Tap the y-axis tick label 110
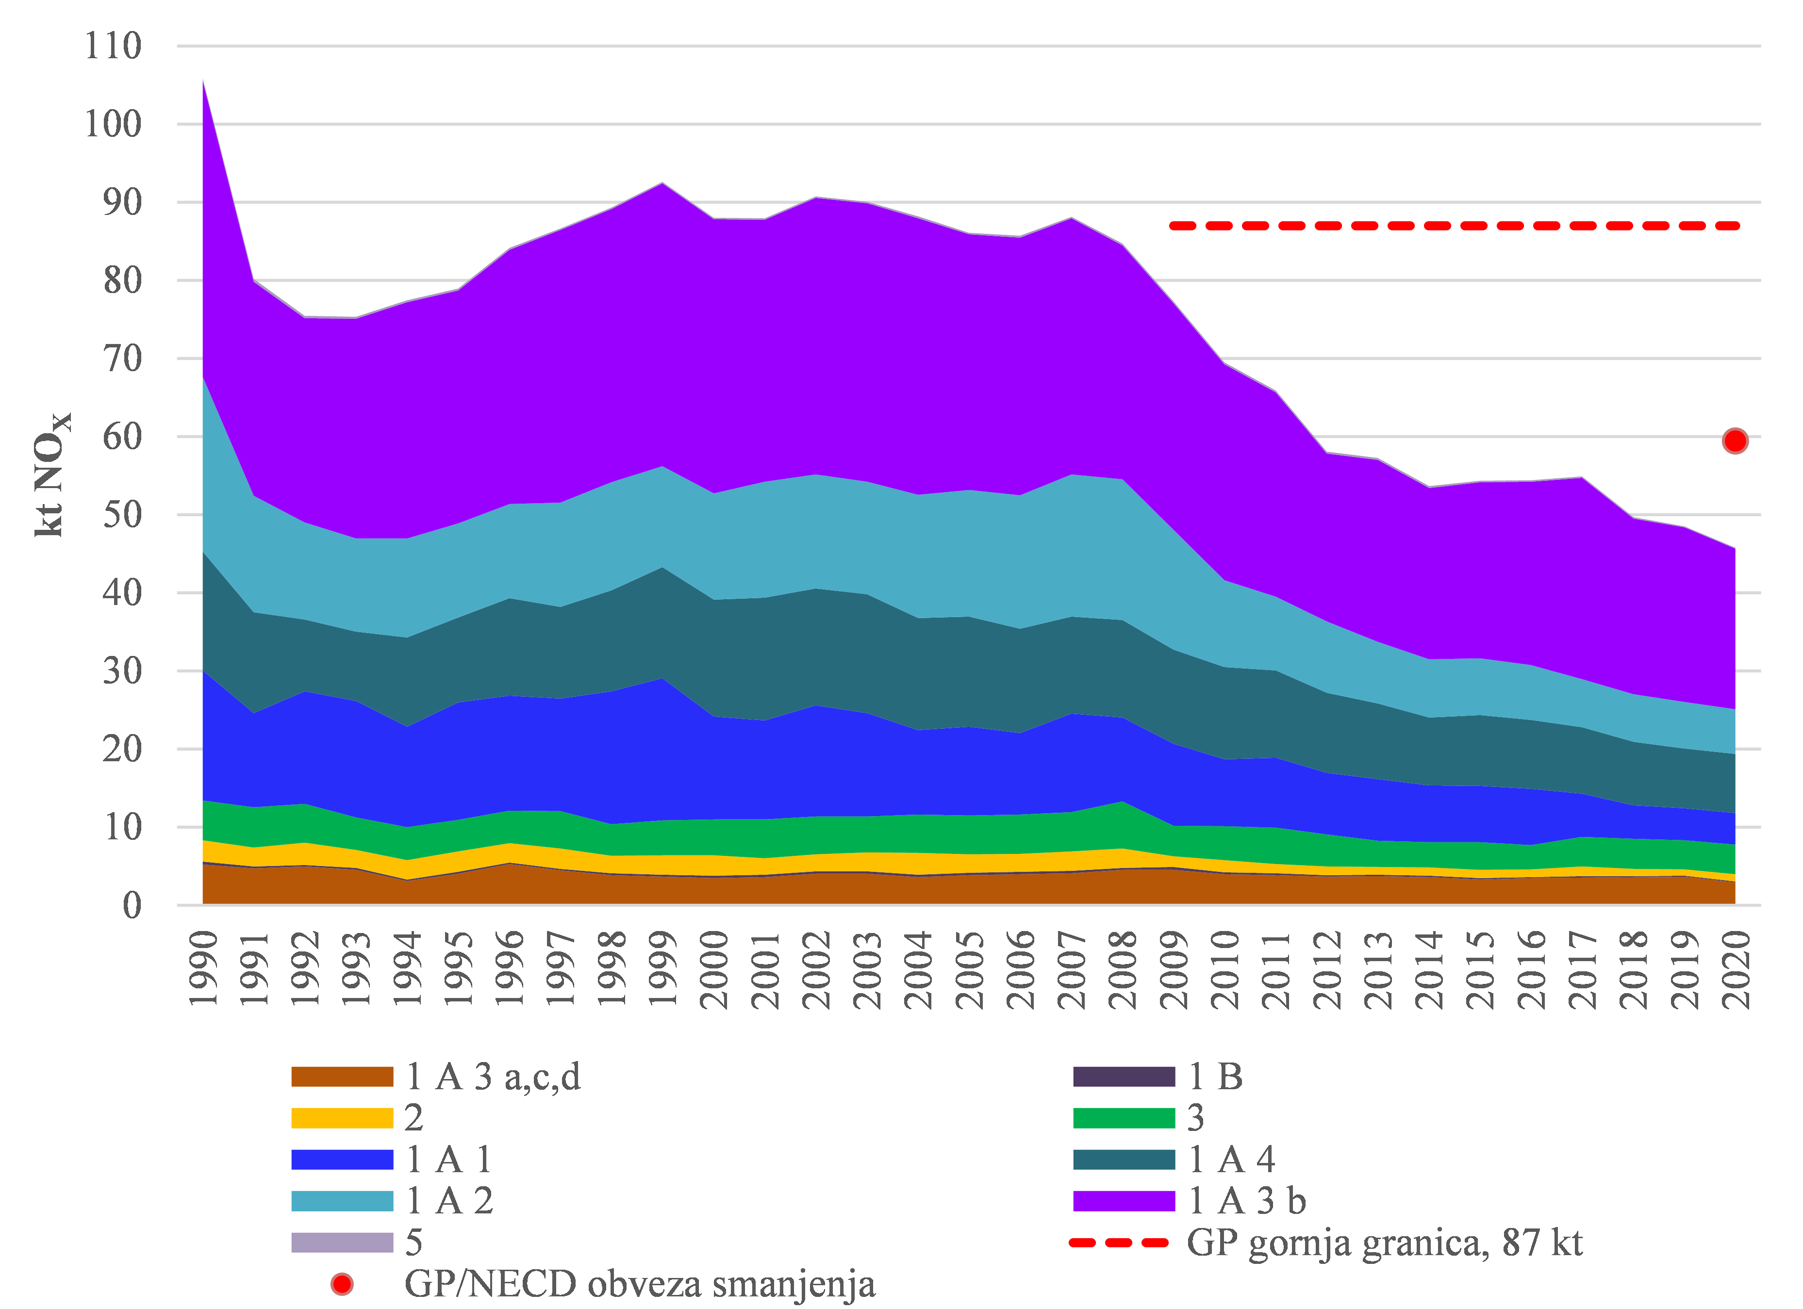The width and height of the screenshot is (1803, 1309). coord(113,46)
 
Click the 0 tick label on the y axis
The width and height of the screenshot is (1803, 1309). coord(132,906)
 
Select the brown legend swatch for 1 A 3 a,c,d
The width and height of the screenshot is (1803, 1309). coord(342,1077)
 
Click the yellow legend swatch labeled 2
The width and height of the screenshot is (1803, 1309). coord(342,1118)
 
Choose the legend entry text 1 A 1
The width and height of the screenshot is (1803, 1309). coord(449,1160)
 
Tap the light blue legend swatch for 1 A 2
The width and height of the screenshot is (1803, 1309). coord(342,1201)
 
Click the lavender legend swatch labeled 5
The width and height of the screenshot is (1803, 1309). coord(342,1242)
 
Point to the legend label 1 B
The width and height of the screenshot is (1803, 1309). coord(1216,1077)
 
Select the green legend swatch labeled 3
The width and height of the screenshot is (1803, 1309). coord(1124,1118)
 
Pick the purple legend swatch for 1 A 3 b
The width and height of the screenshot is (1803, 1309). coord(1124,1201)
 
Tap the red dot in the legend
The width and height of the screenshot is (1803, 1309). coord(342,1284)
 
